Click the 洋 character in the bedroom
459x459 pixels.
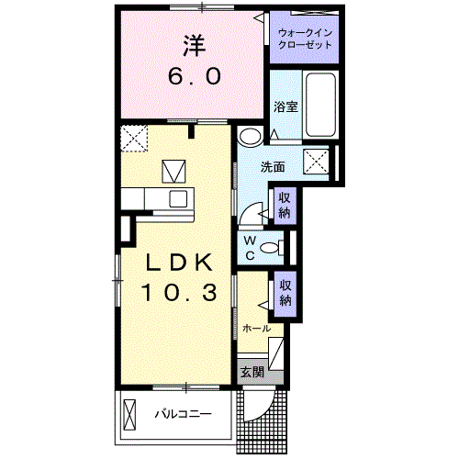[192, 44]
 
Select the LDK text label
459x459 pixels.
[179, 263]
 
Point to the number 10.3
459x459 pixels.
[179, 294]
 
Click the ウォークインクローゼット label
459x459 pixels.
[307, 39]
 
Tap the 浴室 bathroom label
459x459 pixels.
[285, 106]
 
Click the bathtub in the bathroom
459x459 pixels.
[321, 105]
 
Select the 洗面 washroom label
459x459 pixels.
[272, 167]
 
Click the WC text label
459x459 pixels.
[249, 249]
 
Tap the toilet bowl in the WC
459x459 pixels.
[270, 248]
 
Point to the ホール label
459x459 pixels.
[256, 328]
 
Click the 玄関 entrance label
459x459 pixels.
[252, 372]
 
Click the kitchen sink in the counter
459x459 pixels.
[176, 199]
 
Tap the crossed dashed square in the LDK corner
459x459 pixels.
[134, 140]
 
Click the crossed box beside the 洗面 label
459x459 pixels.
[318, 161]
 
